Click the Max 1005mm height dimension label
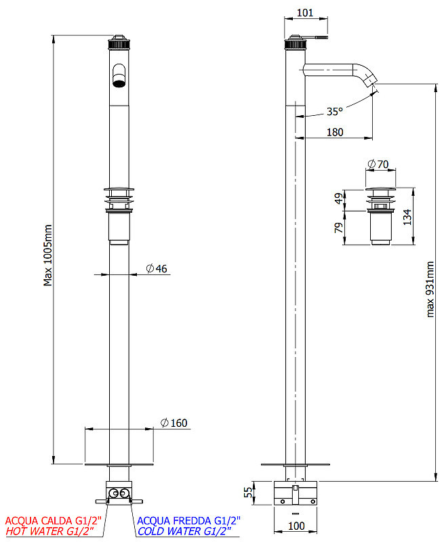point(47,255)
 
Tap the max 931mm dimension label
point(430,289)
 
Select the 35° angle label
point(334,111)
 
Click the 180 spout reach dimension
point(335,132)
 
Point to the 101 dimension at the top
point(305,13)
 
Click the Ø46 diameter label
point(157,268)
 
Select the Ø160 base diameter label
point(174,423)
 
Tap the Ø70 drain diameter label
point(378,164)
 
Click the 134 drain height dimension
point(407,217)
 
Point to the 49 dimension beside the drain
point(339,199)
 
